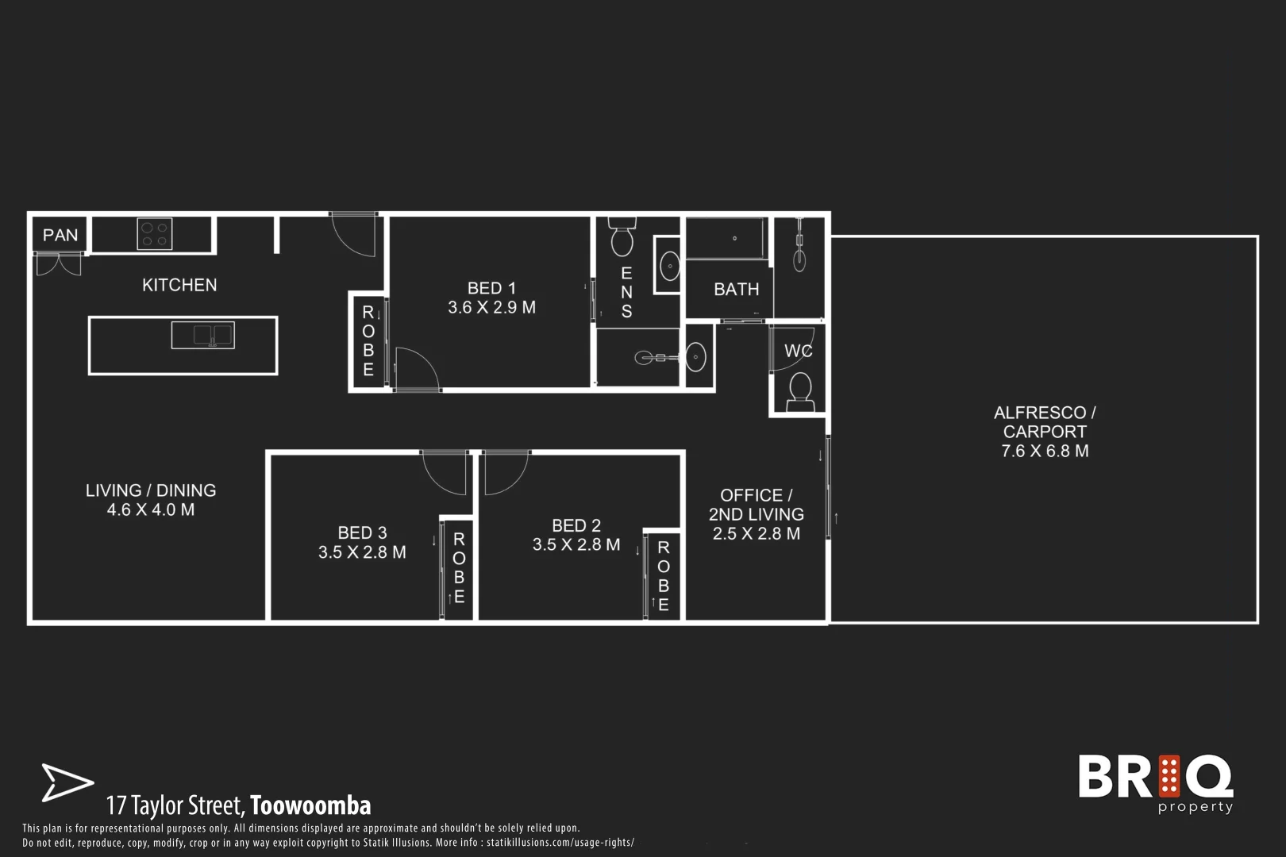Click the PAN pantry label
(x=60, y=235)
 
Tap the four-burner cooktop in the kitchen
(x=155, y=234)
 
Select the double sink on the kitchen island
(x=202, y=335)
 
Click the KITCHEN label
(x=179, y=285)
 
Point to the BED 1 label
(x=491, y=288)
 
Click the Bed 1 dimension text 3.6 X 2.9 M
(x=491, y=308)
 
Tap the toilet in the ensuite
(x=621, y=236)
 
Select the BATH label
(x=736, y=290)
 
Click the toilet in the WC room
(x=799, y=391)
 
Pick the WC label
(x=798, y=351)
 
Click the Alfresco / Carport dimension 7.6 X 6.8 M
(x=1045, y=452)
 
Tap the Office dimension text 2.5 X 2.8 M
(x=756, y=534)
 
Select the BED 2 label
(x=576, y=525)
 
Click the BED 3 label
(x=362, y=532)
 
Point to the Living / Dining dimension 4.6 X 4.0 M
(x=151, y=510)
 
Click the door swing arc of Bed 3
(x=443, y=474)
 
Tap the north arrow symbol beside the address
(x=66, y=782)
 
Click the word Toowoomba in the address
(x=310, y=805)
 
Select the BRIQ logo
(x=1156, y=782)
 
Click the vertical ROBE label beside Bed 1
(x=368, y=341)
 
